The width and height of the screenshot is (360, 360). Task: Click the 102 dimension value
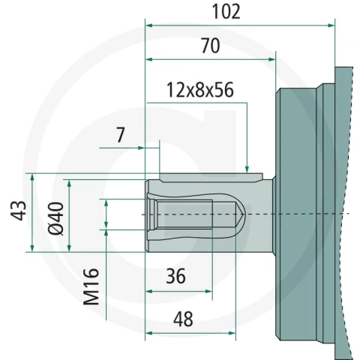click(x=226, y=12)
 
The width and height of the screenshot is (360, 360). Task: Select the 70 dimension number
click(x=211, y=46)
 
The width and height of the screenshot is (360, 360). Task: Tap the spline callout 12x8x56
click(x=200, y=90)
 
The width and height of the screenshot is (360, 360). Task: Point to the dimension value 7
click(x=121, y=135)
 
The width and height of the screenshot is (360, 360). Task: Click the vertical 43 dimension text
click(x=18, y=211)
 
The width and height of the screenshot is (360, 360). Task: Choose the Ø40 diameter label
click(x=56, y=218)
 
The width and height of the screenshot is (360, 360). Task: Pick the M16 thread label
click(x=91, y=286)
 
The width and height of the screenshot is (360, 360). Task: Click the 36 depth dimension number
click(x=176, y=276)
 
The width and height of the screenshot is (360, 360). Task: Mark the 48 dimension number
click(x=183, y=319)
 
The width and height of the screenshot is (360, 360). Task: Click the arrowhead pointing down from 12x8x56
click(x=247, y=169)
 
